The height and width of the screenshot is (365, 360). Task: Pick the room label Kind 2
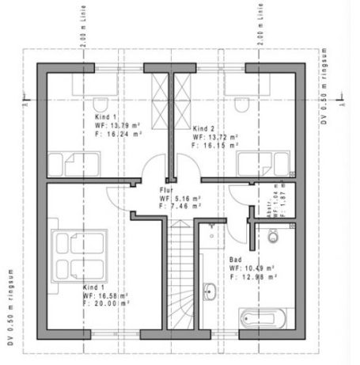pyautogui.click(x=204, y=128)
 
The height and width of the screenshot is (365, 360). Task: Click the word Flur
pyautogui.click(x=165, y=191)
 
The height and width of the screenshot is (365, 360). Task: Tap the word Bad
pyautogui.click(x=235, y=260)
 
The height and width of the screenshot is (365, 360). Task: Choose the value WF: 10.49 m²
pyautogui.click(x=253, y=268)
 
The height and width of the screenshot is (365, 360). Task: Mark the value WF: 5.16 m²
pyautogui.click(x=180, y=199)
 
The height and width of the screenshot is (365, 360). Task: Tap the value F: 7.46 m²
pyautogui.click(x=180, y=207)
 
